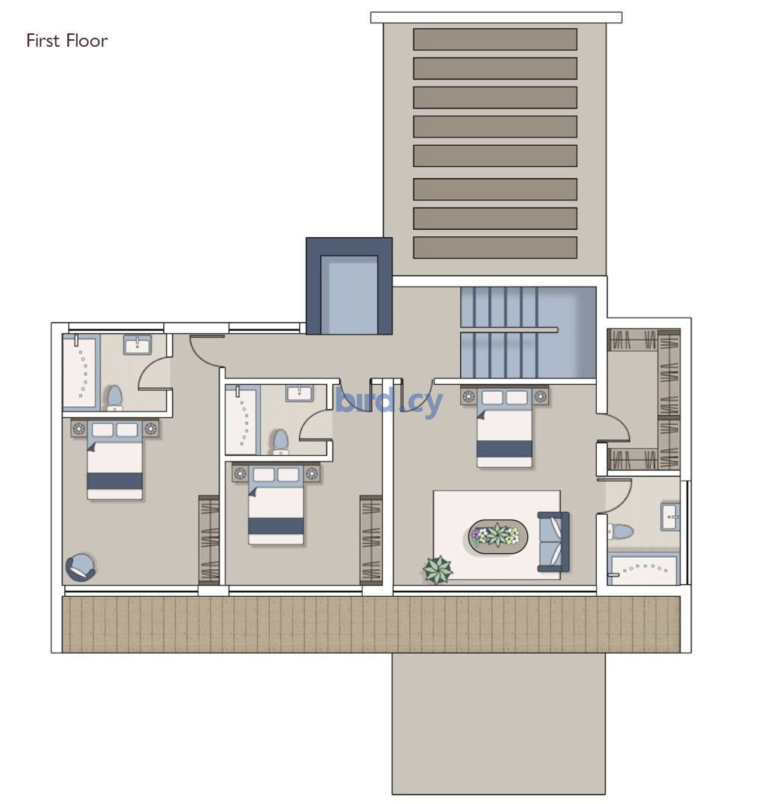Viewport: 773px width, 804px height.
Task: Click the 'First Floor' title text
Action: point(67,41)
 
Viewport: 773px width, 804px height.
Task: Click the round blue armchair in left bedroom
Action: point(81,567)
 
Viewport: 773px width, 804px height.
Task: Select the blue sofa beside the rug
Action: point(554,542)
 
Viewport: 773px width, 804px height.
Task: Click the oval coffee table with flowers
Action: point(498,537)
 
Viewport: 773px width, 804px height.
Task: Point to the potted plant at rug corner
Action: point(438,570)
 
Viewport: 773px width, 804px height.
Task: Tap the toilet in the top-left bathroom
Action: point(114,397)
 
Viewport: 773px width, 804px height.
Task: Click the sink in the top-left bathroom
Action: point(137,345)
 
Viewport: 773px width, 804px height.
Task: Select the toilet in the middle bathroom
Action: point(281,442)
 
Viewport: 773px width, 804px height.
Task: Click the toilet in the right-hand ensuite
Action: point(620,531)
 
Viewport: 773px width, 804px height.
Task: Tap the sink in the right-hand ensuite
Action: point(670,517)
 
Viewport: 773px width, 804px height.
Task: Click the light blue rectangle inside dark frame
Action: point(349,295)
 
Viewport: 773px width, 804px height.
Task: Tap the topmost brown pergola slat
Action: point(495,39)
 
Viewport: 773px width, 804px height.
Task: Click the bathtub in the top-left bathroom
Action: point(81,372)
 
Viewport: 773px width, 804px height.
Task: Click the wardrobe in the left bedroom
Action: point(209,540)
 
